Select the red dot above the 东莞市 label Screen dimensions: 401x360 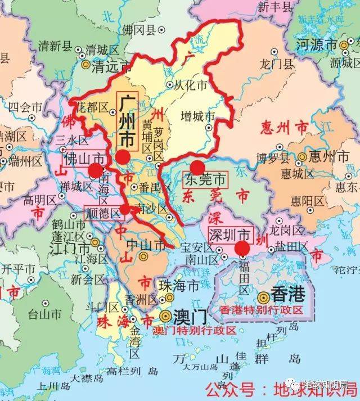pos(197,167)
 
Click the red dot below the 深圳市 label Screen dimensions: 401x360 pos(242,248)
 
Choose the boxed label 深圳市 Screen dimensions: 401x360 pos(229,234)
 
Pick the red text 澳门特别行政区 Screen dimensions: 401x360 pos(195,330)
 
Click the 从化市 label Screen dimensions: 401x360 pos(191,86)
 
